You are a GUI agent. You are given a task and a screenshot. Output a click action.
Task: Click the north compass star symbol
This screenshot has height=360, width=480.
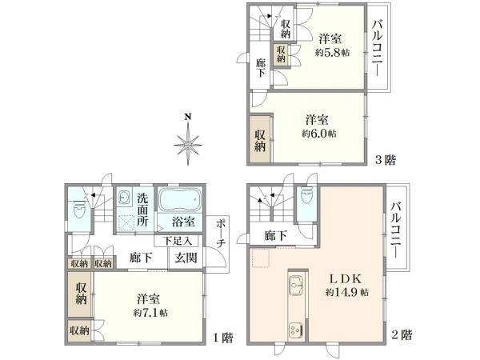coord(188,145)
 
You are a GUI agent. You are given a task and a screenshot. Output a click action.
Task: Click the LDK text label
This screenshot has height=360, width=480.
coord(348,279)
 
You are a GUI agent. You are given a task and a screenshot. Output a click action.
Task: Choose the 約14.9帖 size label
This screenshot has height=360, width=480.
coord(348,293)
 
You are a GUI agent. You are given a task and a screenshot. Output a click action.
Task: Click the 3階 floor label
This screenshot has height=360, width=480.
coord(386,159)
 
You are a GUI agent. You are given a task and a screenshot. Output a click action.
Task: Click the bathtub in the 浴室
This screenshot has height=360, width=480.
coord(178,200)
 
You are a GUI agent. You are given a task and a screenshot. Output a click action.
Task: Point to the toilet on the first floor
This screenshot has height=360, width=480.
coord(78,210)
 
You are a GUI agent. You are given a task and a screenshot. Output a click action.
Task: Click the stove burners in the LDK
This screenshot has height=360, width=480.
coord(294,328)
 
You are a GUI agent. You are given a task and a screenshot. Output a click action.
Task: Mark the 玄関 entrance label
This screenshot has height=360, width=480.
coord(186,258)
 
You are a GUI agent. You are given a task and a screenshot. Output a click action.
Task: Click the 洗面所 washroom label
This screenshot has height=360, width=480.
coord(142,210)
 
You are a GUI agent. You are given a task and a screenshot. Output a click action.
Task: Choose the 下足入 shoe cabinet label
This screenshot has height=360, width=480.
coord(178,240)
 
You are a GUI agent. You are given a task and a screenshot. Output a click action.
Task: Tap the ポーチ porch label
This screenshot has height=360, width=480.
coord(221,232)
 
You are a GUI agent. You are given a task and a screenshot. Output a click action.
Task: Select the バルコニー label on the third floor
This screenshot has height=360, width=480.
coord(377,48)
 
